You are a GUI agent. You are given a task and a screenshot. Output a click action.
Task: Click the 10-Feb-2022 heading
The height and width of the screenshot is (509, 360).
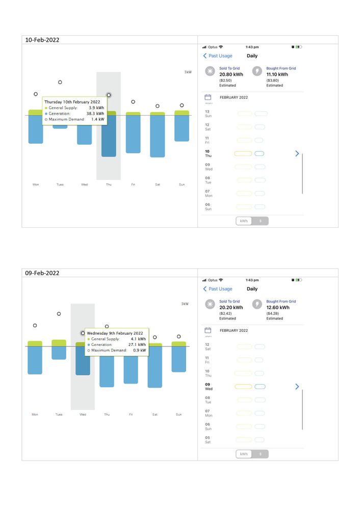click(42, 40)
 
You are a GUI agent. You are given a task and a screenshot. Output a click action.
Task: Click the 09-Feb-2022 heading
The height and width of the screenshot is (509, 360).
click(42, 273)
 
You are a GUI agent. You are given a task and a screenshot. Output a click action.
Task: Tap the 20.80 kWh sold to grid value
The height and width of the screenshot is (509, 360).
click(231, 74)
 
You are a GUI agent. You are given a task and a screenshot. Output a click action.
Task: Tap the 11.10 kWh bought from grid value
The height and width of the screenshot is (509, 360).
click(277, 74)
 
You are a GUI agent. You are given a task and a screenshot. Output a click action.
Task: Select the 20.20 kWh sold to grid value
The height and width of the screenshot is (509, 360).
click(231, 308)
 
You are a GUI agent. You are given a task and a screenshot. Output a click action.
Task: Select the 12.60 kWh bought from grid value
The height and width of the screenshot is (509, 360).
click(278, 308)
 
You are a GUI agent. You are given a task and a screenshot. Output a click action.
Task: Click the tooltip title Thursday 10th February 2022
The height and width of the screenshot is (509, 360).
click(75, 102)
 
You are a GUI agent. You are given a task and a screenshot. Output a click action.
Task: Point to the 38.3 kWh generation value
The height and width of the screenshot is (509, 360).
click(95, 114)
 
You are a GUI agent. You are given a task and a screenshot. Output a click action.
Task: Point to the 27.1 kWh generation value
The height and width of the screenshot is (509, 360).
click(137, 344)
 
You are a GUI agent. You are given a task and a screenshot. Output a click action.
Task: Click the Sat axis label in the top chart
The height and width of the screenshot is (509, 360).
click(157, 184)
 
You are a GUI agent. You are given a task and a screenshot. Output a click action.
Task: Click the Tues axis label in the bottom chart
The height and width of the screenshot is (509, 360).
click(59, 415)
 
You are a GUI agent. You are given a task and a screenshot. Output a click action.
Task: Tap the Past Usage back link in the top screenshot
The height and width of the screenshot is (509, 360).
click(218, 56)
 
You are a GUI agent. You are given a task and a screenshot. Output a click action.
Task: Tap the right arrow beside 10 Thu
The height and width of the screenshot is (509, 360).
click(297, 153)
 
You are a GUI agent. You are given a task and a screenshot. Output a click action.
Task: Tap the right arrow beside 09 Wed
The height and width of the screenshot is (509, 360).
click(297, 387)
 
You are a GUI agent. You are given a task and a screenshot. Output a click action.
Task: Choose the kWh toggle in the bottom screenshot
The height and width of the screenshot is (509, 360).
click(244, 454)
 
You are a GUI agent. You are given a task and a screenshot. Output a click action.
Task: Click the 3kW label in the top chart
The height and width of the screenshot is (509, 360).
click(188, 72)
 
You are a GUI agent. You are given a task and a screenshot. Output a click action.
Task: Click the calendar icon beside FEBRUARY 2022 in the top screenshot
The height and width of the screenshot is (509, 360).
click(208, 97)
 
